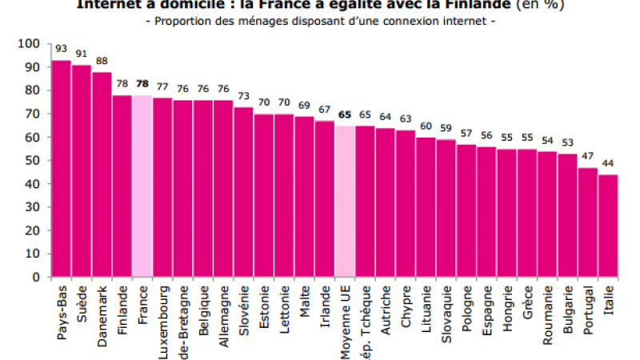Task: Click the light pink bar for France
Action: pyautogui.click(x=142, y=186)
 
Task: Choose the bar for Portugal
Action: pyautogui.click(x=588, y=222)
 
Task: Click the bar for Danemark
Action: pyautogui.click(x=102, y=174)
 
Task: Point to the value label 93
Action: pyautogui.click(x=62, y=49)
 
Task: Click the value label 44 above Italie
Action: pyautogui.click(x=608, y=164)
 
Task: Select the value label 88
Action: pyautogui.click(x=102, y=61)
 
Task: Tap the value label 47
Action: pyautogui.click(x=588, y=157)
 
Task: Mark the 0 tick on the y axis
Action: pyautogui.click(x=36, y=278)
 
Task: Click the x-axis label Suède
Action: pyautogui.click(x=82, y=302)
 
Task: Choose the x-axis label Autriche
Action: pyautogui.click(x=386, y=308)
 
